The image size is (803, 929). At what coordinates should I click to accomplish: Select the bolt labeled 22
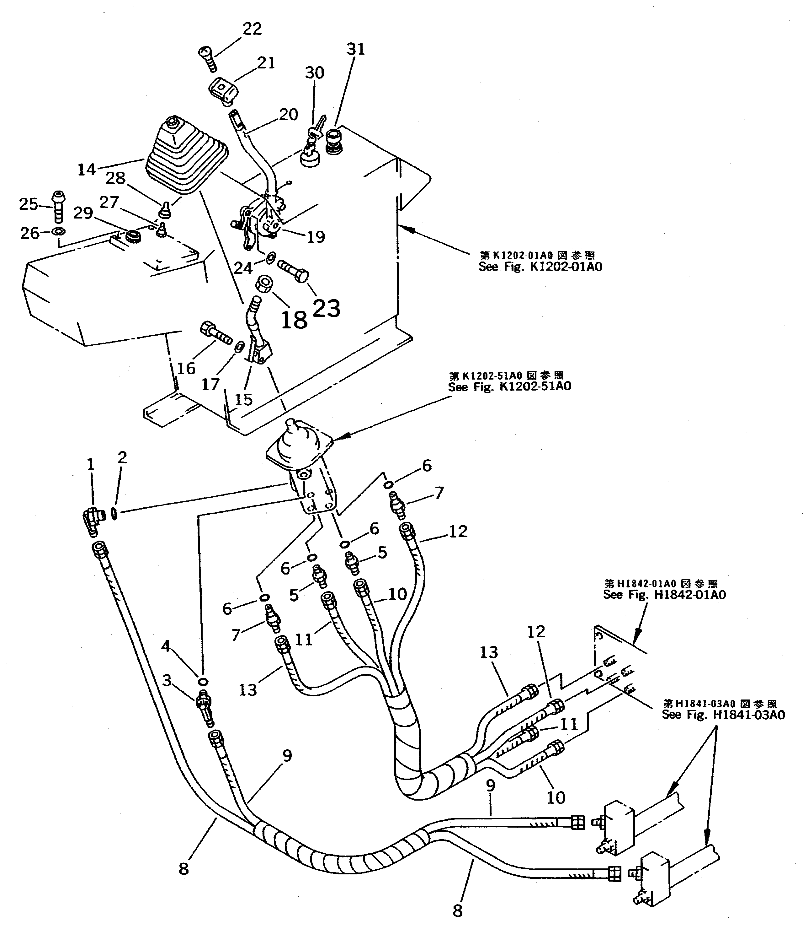207,59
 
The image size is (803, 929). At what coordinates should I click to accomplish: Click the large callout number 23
326,309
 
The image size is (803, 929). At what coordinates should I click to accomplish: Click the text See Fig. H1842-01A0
664,595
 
